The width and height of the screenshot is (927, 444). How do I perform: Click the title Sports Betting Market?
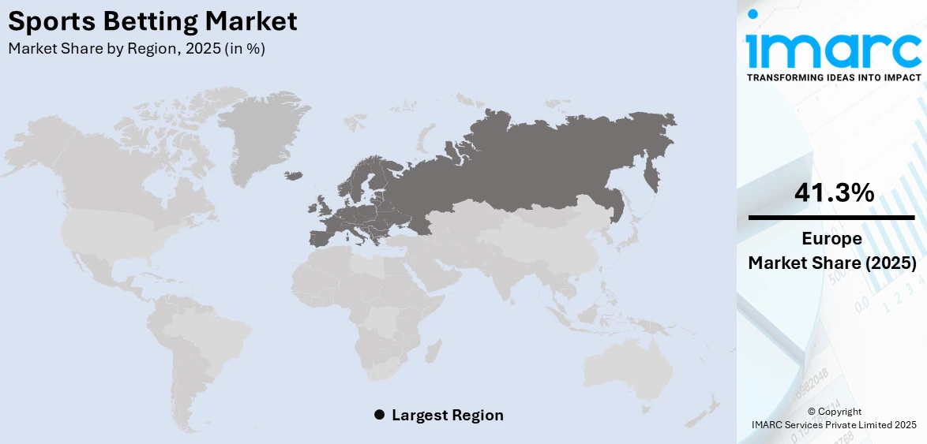(x=153, y=21)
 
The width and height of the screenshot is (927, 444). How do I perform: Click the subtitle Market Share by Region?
(x=137, y=48)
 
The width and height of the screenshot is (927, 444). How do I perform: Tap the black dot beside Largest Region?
(x=379, y=415)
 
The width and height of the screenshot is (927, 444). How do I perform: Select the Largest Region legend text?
(x=447, y=415)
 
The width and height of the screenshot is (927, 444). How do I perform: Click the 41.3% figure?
(x=831, y=192)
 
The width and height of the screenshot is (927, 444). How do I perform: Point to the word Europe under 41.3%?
(x=831, y=239)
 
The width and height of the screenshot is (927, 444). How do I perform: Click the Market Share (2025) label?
(x=831, y=263)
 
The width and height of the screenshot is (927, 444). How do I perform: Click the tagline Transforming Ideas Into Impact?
(x=833, y=77)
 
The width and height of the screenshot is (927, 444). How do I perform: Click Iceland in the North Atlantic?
(x=294, y=176)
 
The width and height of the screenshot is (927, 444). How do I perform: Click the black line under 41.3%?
(x=831, y=217)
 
